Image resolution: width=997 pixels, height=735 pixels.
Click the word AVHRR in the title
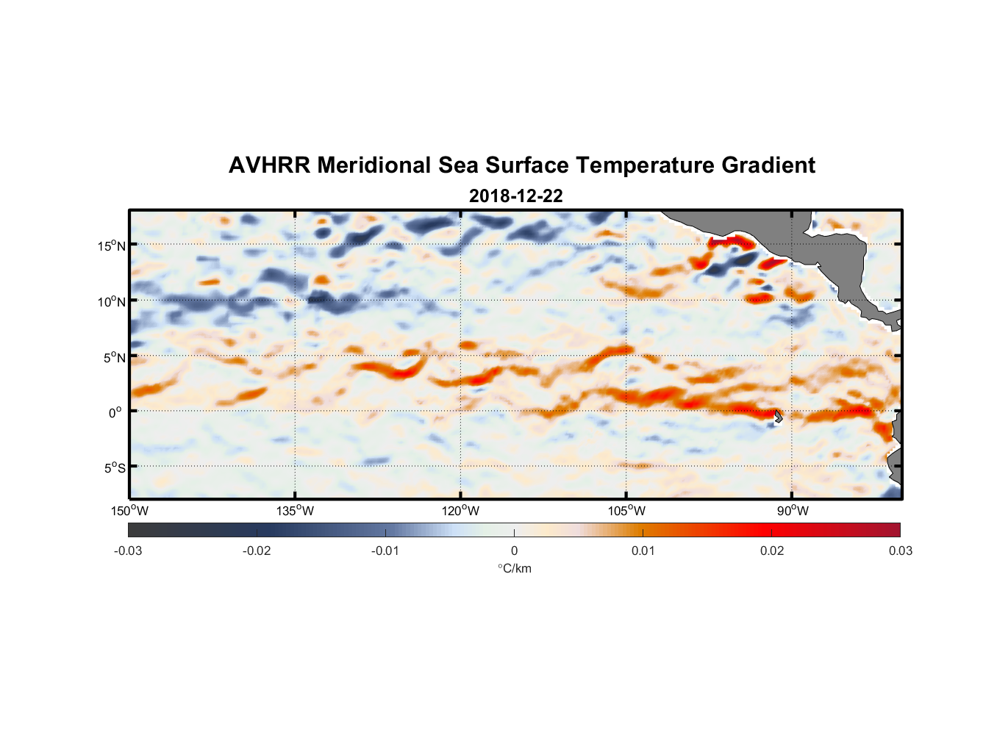(x=269, y=165)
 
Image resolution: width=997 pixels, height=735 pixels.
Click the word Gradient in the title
(x=768, y=165)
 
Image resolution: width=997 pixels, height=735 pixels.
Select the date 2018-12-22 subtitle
(x=515, y=196)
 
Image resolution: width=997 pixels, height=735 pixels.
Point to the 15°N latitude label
(x=112, y=245)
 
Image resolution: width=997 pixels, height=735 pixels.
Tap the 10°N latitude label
(x=112, y=301)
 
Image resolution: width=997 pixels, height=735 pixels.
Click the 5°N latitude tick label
(x=114, y=357)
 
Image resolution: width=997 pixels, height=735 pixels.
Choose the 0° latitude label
(x=115, y=413)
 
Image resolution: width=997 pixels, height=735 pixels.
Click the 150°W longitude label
(x=129, y=511)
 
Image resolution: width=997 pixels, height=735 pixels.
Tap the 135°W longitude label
(x=296, y=511)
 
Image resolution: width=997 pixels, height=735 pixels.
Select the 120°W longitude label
(x=461, y=511)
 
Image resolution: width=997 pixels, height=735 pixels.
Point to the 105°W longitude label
(x=626, y=511)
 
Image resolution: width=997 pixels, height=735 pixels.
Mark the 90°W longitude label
(x=793, y=511)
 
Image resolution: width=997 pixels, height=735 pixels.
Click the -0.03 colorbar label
(x=128, y=551)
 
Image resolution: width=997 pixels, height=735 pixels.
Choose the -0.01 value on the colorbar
(x=385, y=551)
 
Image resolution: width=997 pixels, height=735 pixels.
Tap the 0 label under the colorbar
(x=514, y=551)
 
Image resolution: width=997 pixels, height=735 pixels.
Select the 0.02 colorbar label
(x=772, y=551)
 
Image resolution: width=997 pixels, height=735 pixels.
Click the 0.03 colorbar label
(x=900, y=551)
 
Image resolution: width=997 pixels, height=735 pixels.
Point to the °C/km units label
(x=514, y=568)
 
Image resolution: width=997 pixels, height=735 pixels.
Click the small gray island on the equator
(x=777, y=417)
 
